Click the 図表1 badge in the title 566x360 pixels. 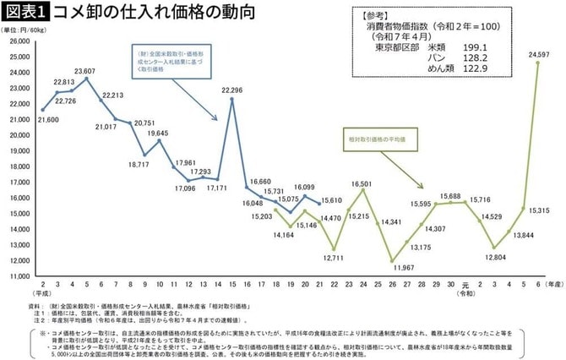[x=26, y=11]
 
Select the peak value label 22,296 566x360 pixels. [x=231, y=90]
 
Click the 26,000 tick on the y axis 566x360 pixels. [x=18, y=41]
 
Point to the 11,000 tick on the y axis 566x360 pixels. [x=18, y=275]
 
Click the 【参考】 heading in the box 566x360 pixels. [x=378, y=15]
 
